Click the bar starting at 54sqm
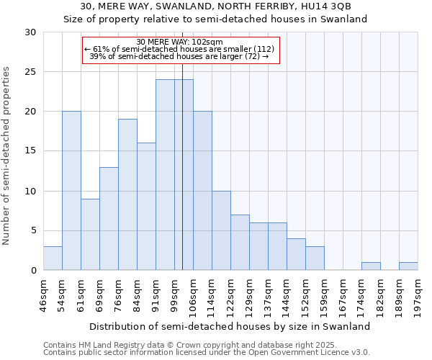[71, 191]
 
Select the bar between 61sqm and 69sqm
[90, 235]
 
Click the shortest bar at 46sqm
[53, 258]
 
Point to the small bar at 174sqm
[371, 266]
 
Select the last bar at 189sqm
[408, 266]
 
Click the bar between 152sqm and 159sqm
[315, 258]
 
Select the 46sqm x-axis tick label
[44, 295]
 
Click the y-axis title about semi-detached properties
[7, 156]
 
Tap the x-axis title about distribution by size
[230, 326]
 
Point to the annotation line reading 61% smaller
[180, 49]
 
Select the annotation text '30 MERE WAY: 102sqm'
[179, 42]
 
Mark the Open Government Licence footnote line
[207, 352]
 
